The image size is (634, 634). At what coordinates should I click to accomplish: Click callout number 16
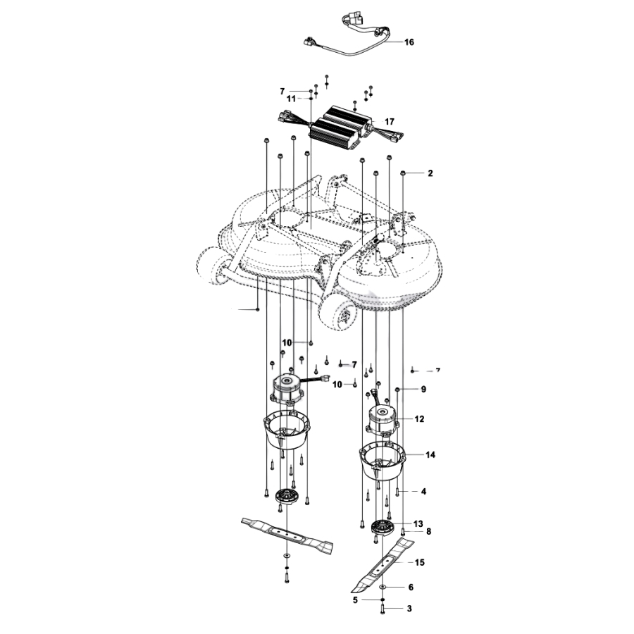tap(409, 42)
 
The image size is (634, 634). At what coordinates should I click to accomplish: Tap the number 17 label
tap(390, 122)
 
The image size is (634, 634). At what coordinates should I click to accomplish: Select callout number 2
tap(430, 173)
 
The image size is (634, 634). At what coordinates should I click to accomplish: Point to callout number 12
tap(419, 419)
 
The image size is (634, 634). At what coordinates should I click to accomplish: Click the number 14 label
tap(430, 455)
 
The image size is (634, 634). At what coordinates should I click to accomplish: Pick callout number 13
tap(418, 524)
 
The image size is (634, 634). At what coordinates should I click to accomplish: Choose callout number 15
tap(420, 562)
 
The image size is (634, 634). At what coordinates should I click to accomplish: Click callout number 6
tap(411, 587)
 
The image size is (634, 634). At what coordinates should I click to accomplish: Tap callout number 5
tap(356, 600)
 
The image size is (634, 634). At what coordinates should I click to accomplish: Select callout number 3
tap(409, 609)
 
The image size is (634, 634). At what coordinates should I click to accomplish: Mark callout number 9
tap(423, 390)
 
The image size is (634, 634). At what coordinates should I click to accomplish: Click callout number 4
tap(423, 492)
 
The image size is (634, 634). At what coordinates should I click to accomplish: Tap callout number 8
tap(428, 531)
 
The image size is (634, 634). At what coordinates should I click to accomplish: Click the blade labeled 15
tap(382, 565)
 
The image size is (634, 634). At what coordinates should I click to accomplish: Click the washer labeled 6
tap(383, 587)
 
